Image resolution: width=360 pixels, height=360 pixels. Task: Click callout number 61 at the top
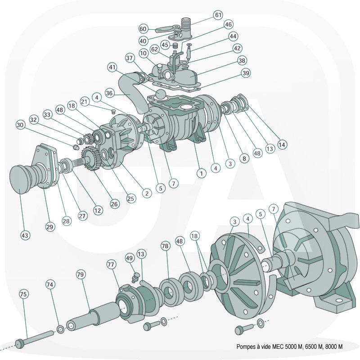coord(218,15)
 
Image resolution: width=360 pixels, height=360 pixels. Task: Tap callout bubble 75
coord(24,294)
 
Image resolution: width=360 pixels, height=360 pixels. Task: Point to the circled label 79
coord(81,274)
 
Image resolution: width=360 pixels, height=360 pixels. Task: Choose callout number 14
coord(282,145)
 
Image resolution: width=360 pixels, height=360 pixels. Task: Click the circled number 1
coord(201,172)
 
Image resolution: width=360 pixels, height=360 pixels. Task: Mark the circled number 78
coord(165,247)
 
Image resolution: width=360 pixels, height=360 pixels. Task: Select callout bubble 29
coord(50,227)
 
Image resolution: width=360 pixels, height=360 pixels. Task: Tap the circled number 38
coord(242,60)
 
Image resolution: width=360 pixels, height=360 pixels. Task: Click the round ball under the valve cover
coord(161,95)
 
